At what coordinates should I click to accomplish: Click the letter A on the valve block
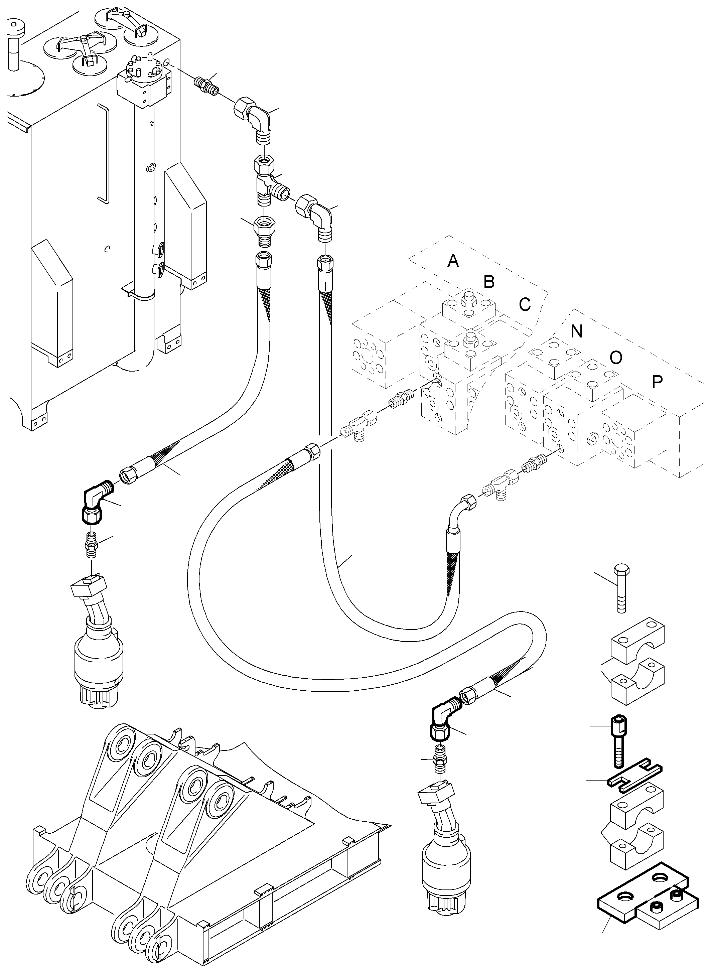click(x=453, y=261)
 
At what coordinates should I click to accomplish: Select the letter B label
click(x=489, y=282)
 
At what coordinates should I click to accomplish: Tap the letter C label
click(x=525, y=304)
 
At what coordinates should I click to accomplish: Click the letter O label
click(x=615, y=357)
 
